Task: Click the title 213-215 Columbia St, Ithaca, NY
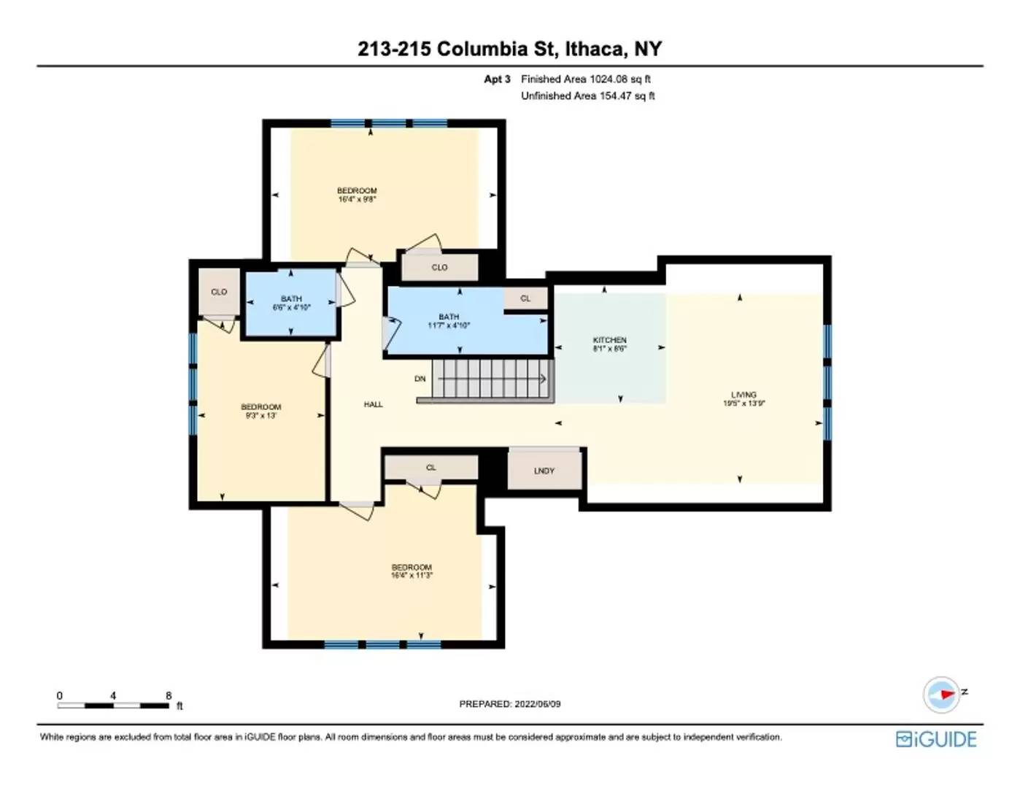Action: [509, 49]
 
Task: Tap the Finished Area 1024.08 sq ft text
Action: [585, 79]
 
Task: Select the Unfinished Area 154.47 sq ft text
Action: [587, 96]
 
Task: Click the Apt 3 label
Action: [497, 79]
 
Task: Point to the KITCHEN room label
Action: [609, 344]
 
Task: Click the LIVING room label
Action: [743, 398]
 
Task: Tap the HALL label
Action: [373, 404]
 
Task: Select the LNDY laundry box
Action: [544, 471]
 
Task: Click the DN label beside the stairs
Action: [420, 379]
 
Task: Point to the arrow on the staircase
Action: [542, 379]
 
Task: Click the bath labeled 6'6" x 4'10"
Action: [291, 303]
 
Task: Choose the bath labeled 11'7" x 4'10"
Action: [449, 321]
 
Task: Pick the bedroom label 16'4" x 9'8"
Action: [357, 194]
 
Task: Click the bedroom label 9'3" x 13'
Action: [260, 411]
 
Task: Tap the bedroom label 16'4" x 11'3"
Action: [412, 571]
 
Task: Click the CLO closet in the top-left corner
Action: [219, 292]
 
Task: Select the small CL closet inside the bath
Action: [525, 298]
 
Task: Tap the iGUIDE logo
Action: [936, 739]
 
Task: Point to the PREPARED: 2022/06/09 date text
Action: [509, 704]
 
